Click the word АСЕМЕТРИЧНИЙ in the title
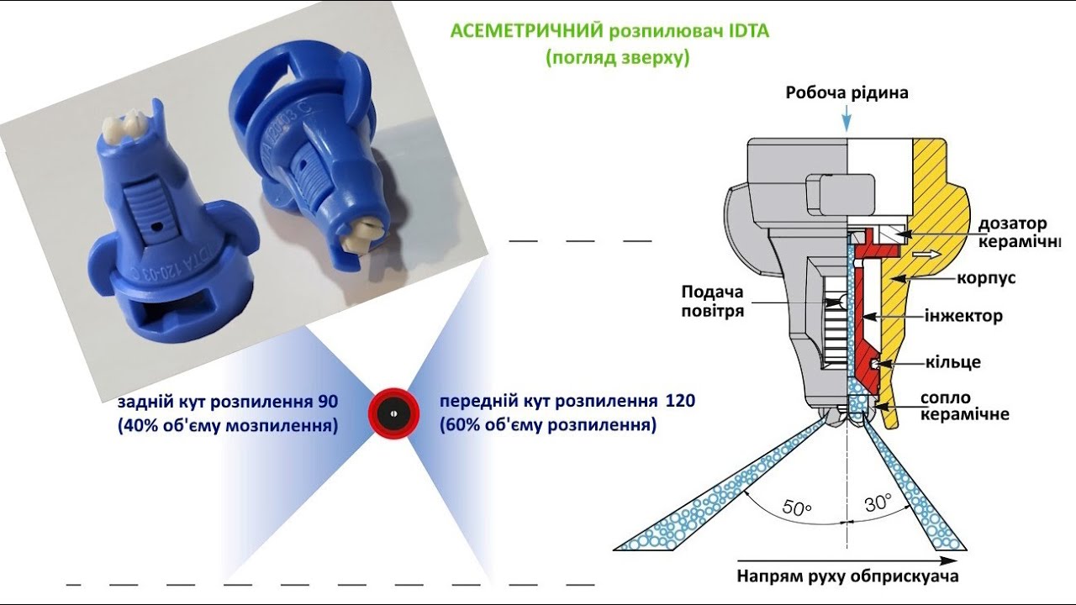pos(527,31)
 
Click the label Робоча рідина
pos(847,93)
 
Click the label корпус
pos(987,277)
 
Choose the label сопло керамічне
pos(964,405)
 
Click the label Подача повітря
pos(713,301)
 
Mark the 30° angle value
pos(878,503)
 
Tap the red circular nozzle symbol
pos(393,413)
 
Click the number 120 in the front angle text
pos(680,401)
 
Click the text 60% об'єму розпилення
pos(546,425)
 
